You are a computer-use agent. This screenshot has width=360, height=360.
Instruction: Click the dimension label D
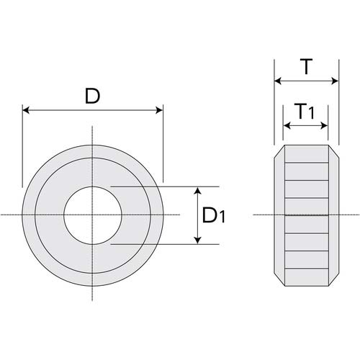point(92,96)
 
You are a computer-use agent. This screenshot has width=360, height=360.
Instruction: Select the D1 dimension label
point(214,215)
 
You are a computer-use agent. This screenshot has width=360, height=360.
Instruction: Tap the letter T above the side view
point(306,68)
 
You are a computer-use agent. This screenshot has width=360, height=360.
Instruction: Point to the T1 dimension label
point(305,112)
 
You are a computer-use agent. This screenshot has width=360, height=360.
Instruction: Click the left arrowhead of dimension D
point(27,110)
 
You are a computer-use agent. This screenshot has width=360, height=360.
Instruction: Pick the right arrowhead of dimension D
point(158,110)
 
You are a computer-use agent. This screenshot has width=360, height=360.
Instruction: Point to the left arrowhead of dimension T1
point(287,125)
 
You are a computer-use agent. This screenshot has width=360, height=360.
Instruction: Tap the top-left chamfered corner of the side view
point(279,153)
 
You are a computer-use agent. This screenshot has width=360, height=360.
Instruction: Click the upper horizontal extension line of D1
point(166,186)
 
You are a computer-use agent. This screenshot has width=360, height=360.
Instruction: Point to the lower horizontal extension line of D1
point(166,244)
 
